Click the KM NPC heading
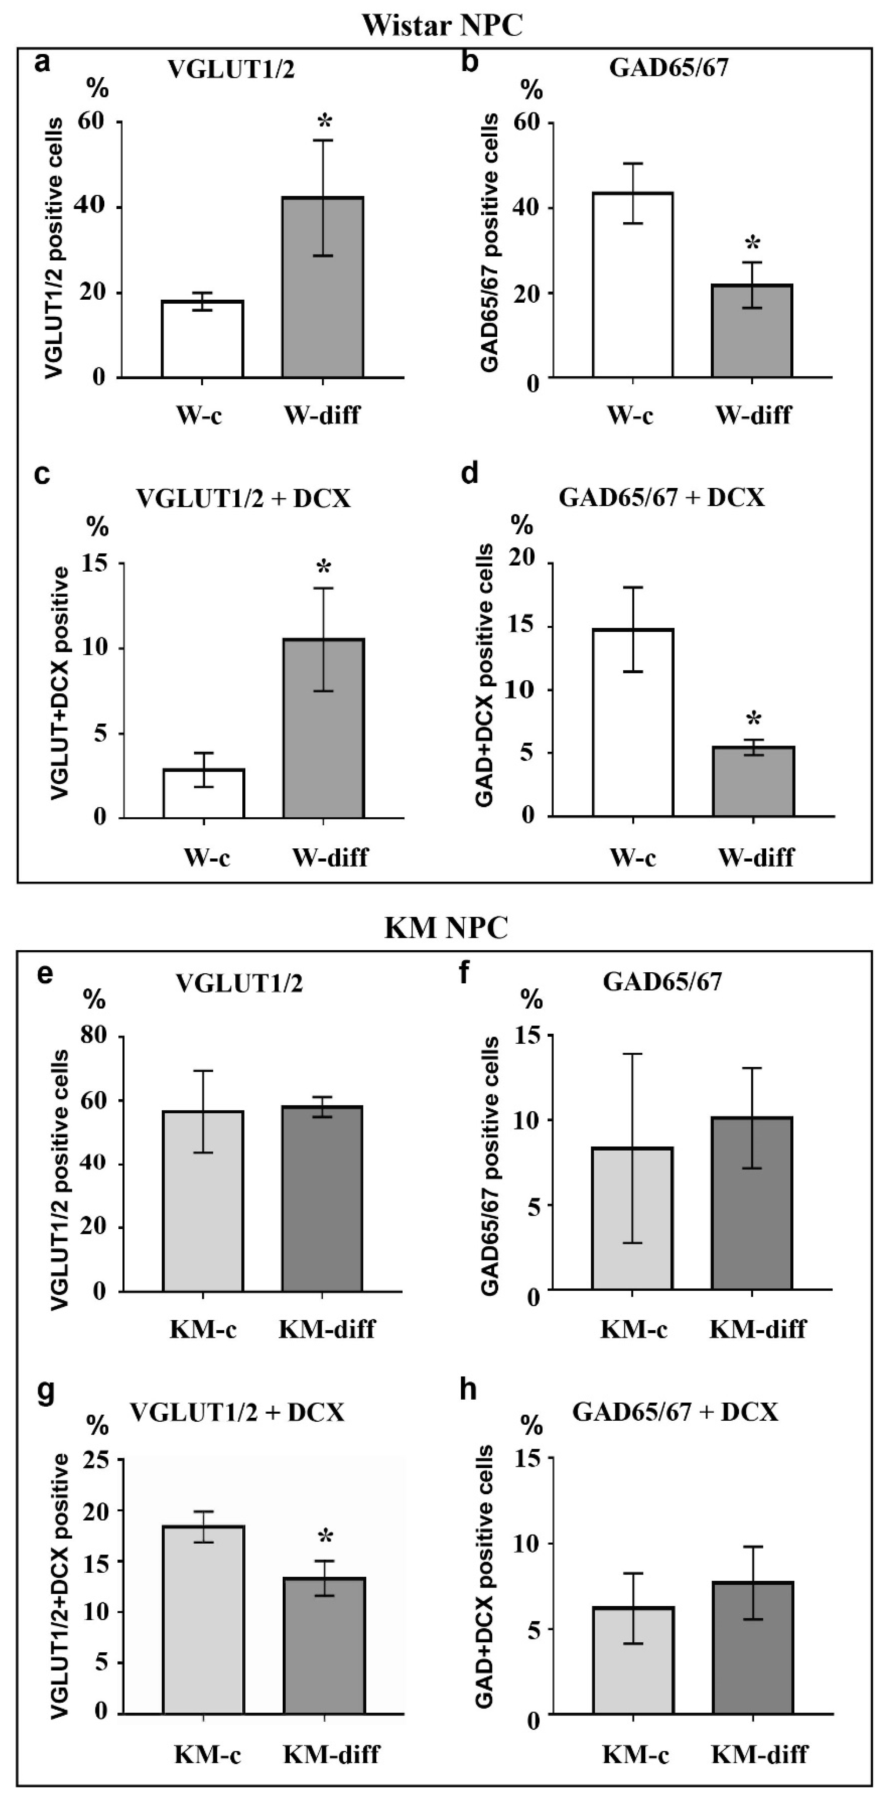(446, 928)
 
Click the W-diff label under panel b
(753, 415)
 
